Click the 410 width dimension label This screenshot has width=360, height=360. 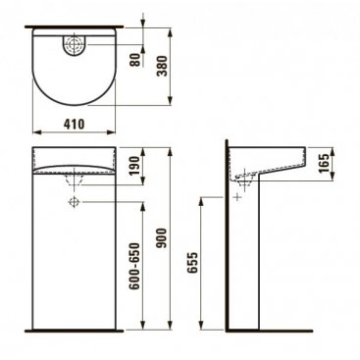point(75,125)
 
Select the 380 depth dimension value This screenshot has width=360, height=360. point(162,66)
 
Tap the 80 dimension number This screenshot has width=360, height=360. point(135,60)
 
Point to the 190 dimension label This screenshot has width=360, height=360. point(135,166)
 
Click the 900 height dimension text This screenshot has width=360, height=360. point(162,237)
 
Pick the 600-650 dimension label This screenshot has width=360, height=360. point(134,266)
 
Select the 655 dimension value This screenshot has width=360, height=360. point(193,262)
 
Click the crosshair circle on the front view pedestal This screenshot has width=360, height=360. point(75,202)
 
